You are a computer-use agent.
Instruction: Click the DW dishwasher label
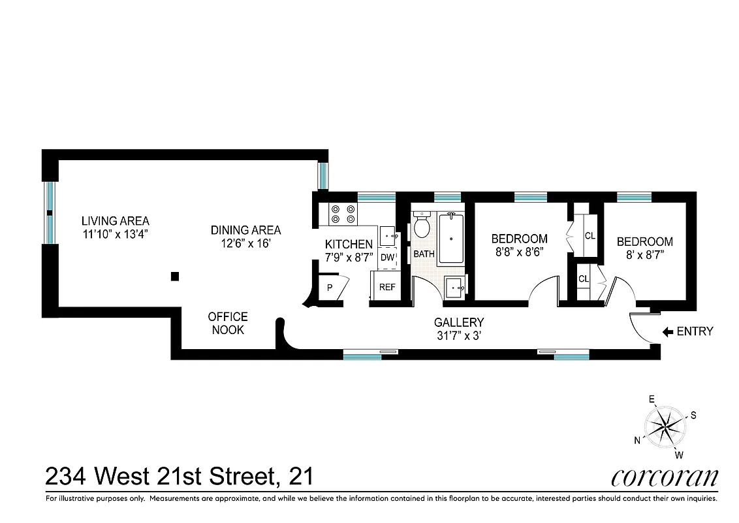(387, 258)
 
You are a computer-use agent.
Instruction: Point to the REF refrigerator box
(388, 287)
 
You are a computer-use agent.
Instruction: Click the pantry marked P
(330, 288)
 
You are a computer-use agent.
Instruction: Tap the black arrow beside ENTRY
(668, 331)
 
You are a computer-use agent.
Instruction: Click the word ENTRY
(695, 331)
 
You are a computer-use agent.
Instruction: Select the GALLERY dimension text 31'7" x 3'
(459, 337)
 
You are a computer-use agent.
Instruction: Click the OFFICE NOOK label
(227, 323)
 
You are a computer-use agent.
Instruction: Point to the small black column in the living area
(174, 277)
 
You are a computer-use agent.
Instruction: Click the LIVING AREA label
(116, 220)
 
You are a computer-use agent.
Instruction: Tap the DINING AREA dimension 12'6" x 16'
(245, 243)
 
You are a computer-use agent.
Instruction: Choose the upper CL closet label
(590, 236)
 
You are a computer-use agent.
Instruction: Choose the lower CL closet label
(584, 279)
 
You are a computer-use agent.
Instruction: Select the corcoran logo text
(664, 477)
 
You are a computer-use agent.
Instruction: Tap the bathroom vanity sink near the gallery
(456, 286)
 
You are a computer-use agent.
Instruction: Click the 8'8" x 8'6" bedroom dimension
(519, 251)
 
